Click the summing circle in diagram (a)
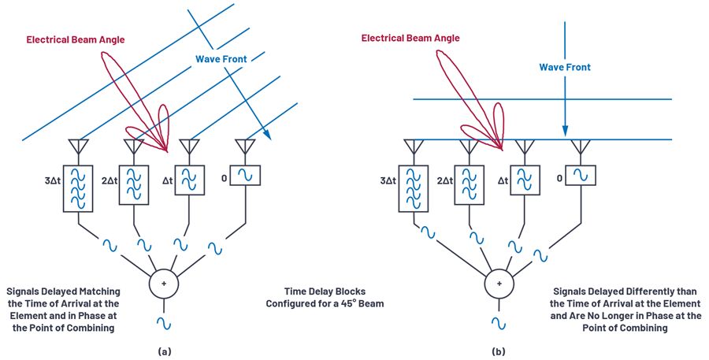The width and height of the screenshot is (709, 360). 164,284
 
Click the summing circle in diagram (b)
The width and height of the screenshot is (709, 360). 499,284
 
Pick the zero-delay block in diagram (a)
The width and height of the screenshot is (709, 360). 246,175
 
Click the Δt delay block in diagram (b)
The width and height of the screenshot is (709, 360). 525,180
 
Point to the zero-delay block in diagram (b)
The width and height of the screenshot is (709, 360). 581,175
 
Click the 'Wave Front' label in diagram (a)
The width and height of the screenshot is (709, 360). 221,59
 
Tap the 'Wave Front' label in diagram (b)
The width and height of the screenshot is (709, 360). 565,68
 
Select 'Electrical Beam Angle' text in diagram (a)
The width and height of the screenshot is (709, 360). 76,39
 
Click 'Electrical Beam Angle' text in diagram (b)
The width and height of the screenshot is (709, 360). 410,38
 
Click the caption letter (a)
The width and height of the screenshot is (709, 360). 164,351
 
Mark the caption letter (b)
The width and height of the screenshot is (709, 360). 499,351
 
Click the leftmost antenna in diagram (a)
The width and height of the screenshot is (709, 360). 78,146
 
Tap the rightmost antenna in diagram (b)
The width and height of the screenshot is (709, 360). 581,146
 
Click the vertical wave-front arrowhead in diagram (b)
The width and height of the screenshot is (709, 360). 565,131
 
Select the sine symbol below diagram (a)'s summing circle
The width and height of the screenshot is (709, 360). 164,323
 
